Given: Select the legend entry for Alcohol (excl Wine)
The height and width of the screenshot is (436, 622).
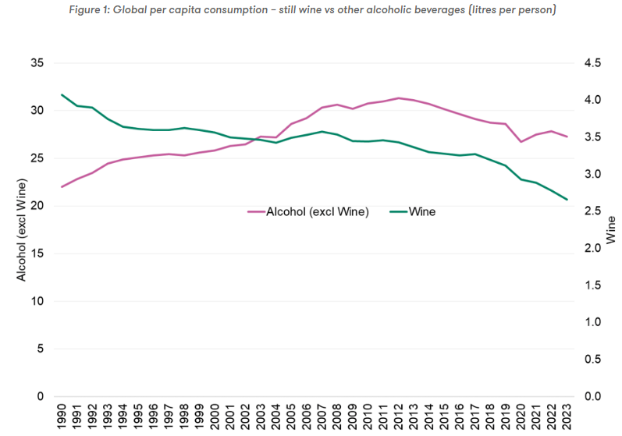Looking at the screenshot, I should point(308,211).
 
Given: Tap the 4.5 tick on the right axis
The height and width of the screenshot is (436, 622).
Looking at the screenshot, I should point(592,63).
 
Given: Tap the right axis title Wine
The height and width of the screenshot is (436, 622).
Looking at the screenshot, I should point(610,230).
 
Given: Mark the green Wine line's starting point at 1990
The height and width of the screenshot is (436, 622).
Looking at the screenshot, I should point(62,95).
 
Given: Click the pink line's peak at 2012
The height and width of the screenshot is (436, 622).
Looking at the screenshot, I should point(399,98).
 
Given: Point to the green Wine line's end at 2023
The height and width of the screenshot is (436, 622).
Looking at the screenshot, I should point(567,200).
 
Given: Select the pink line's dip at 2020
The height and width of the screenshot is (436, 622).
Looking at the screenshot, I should point(521,142).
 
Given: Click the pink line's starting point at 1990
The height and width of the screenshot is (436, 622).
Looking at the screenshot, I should point(62,187).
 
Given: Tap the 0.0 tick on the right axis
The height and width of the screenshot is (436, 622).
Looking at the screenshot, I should point(592,396).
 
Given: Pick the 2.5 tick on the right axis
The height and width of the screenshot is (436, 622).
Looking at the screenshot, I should point(592,211).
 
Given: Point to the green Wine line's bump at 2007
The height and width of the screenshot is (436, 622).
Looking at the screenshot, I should point(322,132).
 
